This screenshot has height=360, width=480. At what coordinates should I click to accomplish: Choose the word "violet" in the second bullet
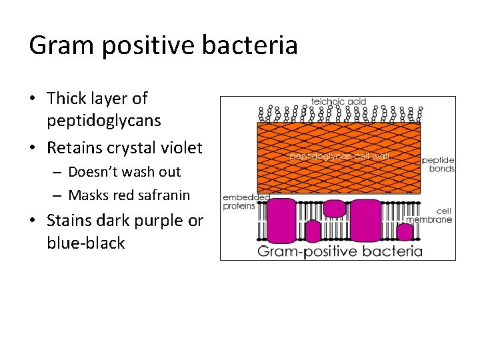(x=181, y=147)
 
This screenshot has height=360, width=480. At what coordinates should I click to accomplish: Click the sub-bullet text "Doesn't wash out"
(x=124, y=172)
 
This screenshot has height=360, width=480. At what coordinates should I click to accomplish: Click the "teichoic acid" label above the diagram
(x=339, y=102)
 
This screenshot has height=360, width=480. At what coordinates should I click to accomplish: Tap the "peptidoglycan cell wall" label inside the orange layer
(x=339, y=156)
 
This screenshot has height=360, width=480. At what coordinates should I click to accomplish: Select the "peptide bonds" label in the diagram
(x=438, y=165)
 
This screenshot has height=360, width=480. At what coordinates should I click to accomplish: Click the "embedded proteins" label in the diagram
(x=239, y=202)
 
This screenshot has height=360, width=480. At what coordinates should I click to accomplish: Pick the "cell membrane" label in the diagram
(x=438, y=215)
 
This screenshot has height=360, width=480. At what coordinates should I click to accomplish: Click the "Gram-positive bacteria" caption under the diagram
(x=340, y=251)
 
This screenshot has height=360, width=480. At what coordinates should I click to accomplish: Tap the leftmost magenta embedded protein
(x=283, y=219)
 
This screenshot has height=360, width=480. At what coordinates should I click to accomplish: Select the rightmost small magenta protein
(x=404, y=231)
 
